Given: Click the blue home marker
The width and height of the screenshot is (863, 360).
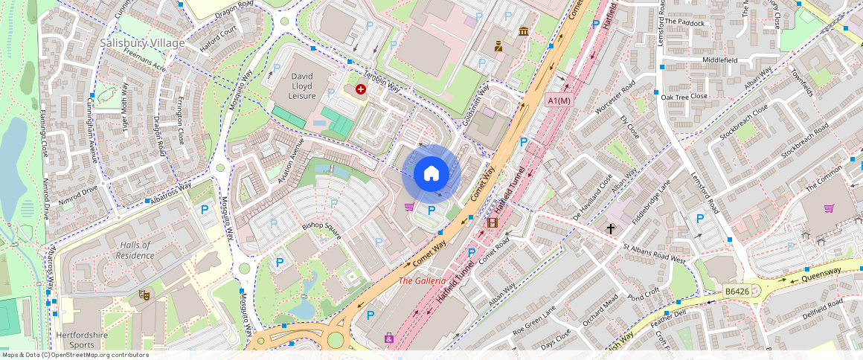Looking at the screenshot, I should click(x=431, y=175).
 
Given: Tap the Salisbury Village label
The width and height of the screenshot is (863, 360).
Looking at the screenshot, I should click(x=142, y=43).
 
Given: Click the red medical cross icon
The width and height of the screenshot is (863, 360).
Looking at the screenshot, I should click(x=361, y=89).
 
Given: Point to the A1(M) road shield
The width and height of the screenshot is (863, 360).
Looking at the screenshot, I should click(x=558, y=100).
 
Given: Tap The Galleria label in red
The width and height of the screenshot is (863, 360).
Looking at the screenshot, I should click(x=422, y=280).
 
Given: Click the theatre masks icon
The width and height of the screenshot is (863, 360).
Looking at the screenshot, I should click(x=144, y=295).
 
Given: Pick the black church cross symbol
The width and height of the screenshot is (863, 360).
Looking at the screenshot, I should click(x=612, y=228).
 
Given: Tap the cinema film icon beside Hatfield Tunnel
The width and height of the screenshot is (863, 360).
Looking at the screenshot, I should click(x=491, y=222).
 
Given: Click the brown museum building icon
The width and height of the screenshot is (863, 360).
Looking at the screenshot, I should click(x=524, y=31).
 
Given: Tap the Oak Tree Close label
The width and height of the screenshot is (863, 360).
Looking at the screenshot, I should click(x=684, y=96).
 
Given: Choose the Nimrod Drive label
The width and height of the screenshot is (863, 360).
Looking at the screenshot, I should click(x=80, y=190).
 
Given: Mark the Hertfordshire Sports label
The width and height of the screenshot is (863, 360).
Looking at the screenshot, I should click(x=86, y=339).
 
